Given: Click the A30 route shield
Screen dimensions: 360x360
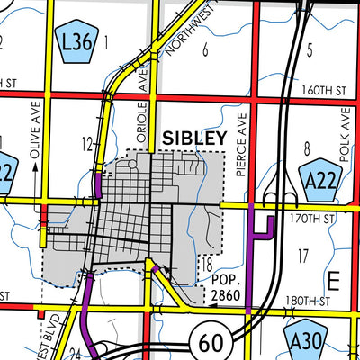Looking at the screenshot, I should point(310,339).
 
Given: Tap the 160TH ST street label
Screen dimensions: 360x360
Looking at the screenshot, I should point(326,91).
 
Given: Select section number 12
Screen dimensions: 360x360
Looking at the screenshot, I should point(86,143).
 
